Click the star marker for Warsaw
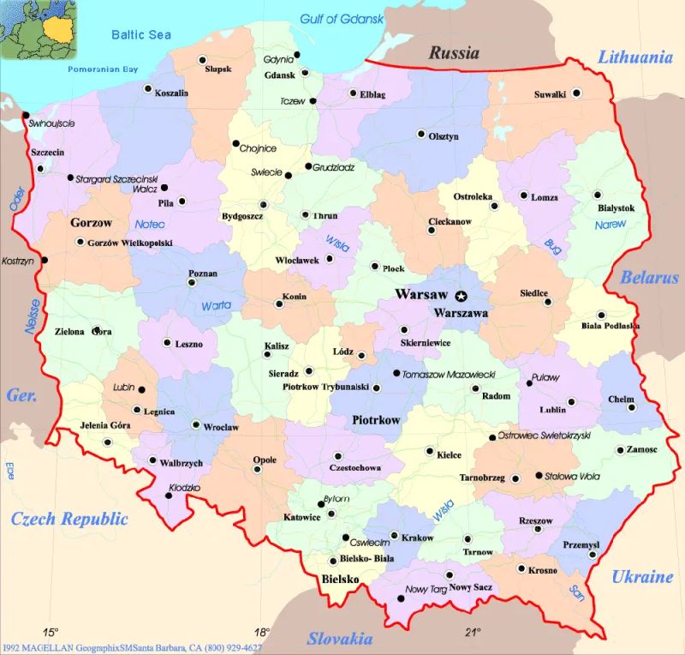click(x=462, y=296)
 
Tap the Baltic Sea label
click(x=137, y=34)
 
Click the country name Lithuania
click(x=634, y=58)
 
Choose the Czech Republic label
click(x=68, y=519)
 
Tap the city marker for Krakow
click(x=394, y=537)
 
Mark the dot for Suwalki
click(x=577, y=93)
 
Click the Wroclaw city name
click(x=222, y=426)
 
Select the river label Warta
click(x=217, y=305)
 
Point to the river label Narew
click(x=610, y=225)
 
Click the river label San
click(x=576, y=591)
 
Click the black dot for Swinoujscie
click(x=26, y=115)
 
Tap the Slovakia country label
click(x=340, y=639)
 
